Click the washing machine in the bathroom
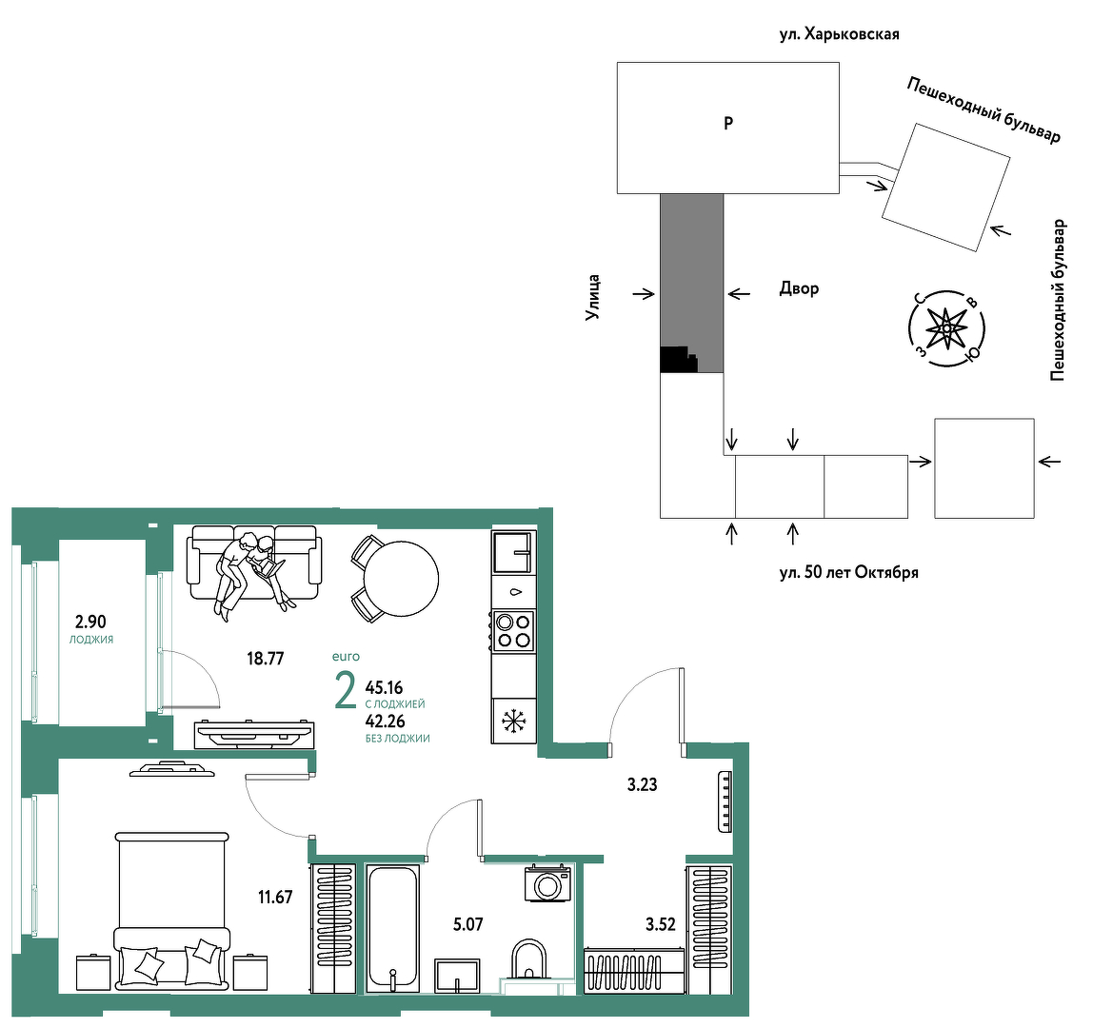coord(546,883)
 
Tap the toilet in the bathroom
coord(529,959)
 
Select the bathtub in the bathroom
coord(392,928)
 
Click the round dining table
coord(401,579)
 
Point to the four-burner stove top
coord(514,630)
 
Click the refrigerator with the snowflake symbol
coord(514,721)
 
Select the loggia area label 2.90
coord(90,621)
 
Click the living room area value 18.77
coord(266,658)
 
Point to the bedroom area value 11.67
coord(275,897)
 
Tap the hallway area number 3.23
coord(642,784)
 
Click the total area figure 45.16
coord(384,688)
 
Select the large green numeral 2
coord(345,690)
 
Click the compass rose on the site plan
coord(946,328)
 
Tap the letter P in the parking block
coord(728,124)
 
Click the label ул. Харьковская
coord(840,34)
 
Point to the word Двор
coord(799,288)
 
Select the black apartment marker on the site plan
coord(678,360)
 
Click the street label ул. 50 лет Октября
coord(848,573)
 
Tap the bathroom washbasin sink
coord(457,975)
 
